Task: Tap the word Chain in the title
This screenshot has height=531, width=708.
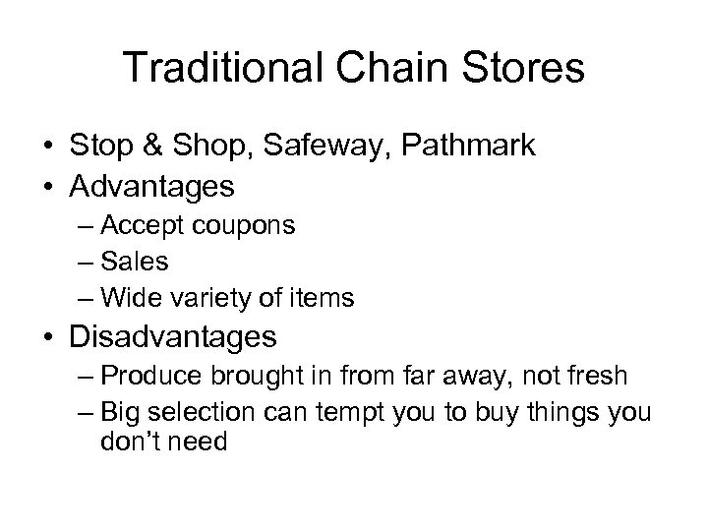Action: pyautogui.click(x=388, y=70)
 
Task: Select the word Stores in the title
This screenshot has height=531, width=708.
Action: pyautogui.click(x=524, y=70)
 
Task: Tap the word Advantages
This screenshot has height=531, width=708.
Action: pyautogui.click(x=152, y=185)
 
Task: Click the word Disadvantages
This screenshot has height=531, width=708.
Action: pyautogui.click(x=174, y=337)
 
